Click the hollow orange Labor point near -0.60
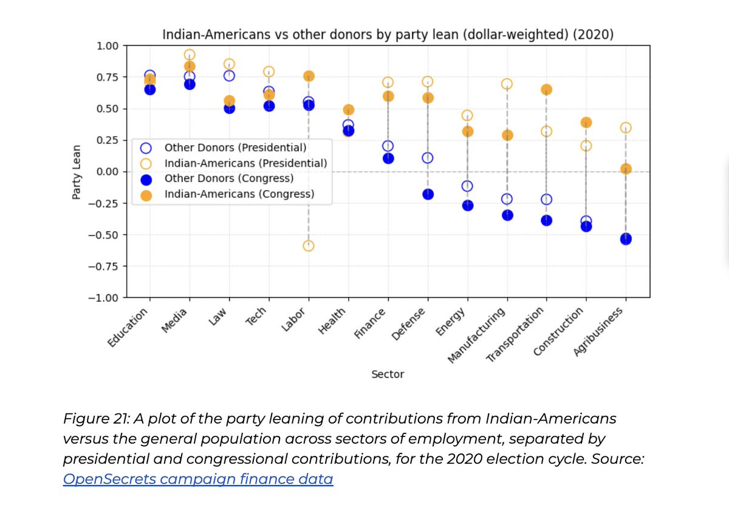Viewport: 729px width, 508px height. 309,246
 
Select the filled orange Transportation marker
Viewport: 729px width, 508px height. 546,90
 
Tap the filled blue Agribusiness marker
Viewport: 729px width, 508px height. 626,239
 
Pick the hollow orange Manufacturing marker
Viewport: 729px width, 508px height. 507,84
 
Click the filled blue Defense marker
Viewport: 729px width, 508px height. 428,194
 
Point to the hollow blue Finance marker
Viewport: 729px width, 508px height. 388,146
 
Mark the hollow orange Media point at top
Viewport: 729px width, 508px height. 190,55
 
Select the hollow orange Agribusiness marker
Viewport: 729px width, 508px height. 626,127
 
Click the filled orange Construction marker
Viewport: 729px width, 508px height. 586,123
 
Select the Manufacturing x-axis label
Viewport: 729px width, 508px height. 477,335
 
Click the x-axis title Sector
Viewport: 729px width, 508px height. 388,374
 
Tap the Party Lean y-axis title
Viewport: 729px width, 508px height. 77,172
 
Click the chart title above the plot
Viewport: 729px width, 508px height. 388,35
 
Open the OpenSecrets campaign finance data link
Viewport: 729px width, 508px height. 198,479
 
